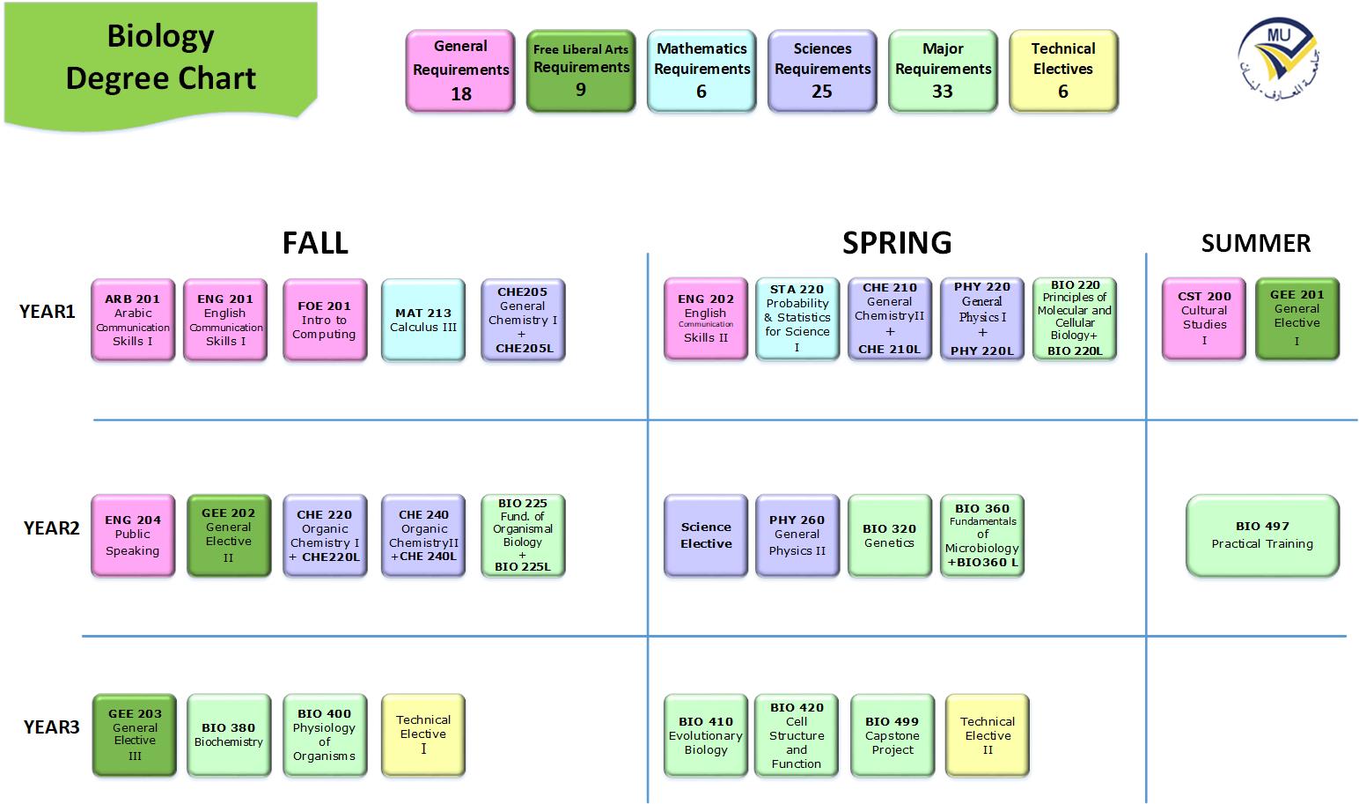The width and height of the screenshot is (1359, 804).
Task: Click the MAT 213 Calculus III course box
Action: point(423,320)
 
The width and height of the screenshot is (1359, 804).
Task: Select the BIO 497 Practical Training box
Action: point(1262,535)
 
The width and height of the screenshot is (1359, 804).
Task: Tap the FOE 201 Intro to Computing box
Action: point(325,320)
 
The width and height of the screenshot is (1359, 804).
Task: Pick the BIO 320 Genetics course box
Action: point(889,535)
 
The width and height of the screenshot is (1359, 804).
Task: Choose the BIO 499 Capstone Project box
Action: point(893,735)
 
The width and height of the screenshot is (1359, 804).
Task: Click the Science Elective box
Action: point(706,535)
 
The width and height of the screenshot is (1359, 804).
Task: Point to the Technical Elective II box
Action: point(988,735)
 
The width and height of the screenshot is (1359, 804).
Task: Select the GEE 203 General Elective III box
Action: point(135,735)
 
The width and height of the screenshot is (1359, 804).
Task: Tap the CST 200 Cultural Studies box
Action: point(1204,320)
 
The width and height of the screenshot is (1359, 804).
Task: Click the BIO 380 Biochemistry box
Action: point(229,735)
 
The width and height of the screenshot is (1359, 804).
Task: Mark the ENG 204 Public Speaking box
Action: point(133,535)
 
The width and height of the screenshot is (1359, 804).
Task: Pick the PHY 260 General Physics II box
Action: point(797,535)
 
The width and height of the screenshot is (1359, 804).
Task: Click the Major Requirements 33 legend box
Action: point(943,70)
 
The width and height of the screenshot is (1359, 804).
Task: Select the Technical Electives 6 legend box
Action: point(1063,70)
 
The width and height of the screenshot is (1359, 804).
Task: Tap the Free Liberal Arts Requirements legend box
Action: point(581,70)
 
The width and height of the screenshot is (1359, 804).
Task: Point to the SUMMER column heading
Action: point(1255,243)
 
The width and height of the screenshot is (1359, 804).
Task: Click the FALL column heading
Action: point(315,242)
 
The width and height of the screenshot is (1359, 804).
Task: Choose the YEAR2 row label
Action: point(51,527)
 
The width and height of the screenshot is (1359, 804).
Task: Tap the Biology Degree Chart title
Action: point(161,58)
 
